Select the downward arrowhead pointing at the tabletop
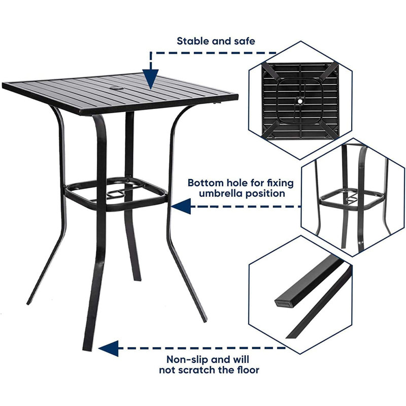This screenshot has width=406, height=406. pos(150,81)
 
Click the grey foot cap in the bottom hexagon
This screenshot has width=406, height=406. pos(285,302)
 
